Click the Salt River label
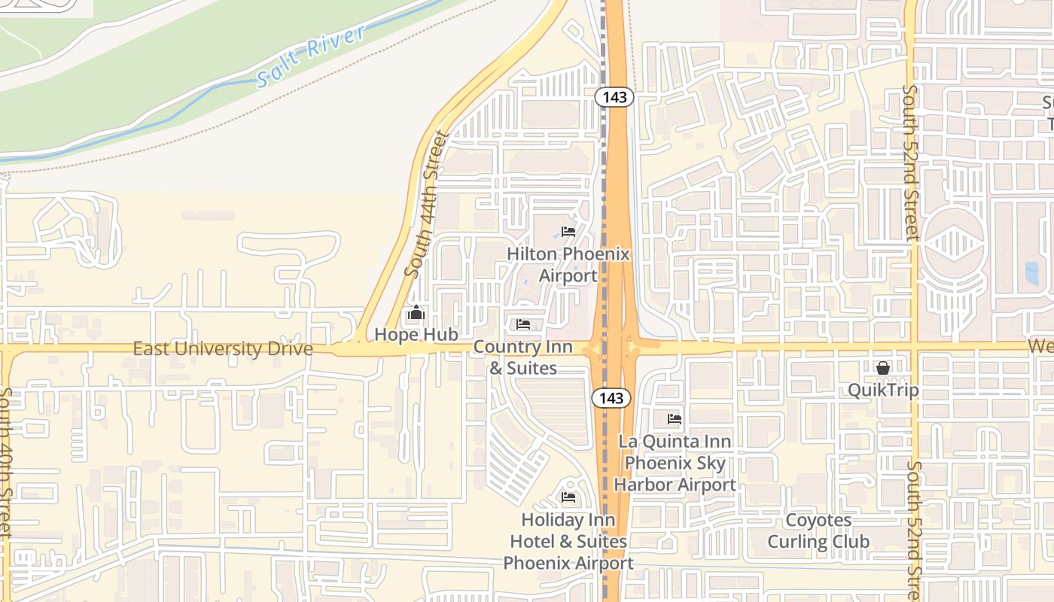(310, 56)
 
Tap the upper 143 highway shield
(614, 97)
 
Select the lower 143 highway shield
(611, 398)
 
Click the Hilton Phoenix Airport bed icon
(568, 232)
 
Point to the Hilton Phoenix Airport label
(568, 265)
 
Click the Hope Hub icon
(416, 312)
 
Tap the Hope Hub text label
(416, 334)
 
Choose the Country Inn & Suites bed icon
(523, 324)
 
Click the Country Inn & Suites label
(523, 357)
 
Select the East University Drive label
(223, 348)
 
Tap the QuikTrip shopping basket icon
(882, 368)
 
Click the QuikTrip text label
(883, 390)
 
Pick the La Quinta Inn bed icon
(675, 418)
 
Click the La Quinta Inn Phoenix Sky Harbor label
(675, 463)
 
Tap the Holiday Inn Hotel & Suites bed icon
(568, 497)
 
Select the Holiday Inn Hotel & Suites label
(568, 541)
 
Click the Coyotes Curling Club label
(818, 531)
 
